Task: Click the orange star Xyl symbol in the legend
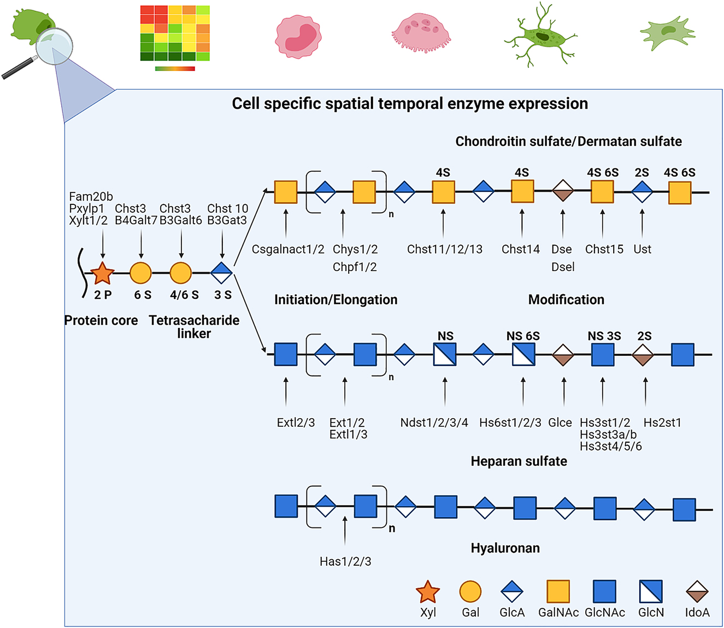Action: pos(427,592)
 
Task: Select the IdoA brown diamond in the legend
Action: pos(697,592)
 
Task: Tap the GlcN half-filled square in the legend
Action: pos(651,591)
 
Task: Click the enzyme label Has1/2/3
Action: pos(345,561)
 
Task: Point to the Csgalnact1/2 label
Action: pos(288,249)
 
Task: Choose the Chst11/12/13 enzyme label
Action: pos(445,249)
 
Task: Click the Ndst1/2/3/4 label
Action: pos(434,422)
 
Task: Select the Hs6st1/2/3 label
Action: pos(510,422)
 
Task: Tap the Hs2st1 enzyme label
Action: pos(662,422)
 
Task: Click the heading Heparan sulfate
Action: pos(519,461)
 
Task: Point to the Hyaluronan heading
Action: pos(505,548)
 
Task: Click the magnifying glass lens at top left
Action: pos(54,46)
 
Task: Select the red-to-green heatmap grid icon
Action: pos(175,33)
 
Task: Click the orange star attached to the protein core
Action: pos(102,273)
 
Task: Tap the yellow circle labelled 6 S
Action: pos(140,273)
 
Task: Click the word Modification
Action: pos(566,300)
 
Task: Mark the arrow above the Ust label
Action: pos(642,222)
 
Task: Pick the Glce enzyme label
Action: pos(560,422)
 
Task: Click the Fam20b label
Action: pos(91,196)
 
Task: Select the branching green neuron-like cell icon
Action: pos(540,36)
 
